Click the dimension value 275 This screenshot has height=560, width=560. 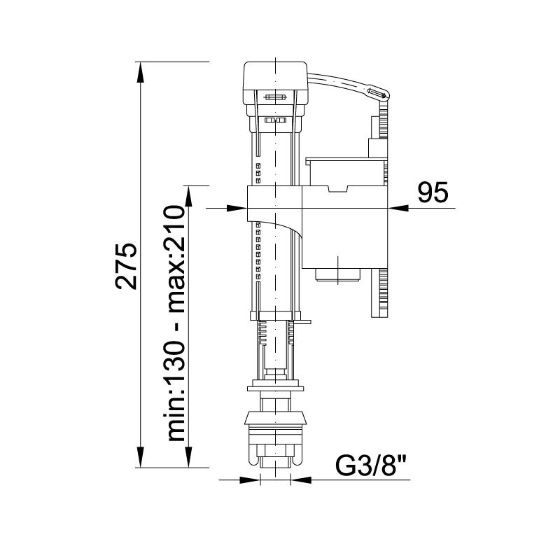pos(126,266)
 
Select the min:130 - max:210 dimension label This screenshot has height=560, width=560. pos(177,323)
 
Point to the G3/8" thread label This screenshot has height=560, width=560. pos(372,465)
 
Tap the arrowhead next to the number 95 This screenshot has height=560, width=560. pos(395,208)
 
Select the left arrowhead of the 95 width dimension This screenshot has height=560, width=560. pos(239,208)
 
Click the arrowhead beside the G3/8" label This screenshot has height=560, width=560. pos(299,480)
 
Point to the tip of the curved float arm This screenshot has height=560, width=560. pos(379,92)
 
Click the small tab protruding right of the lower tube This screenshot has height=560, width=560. pos(304,323)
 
